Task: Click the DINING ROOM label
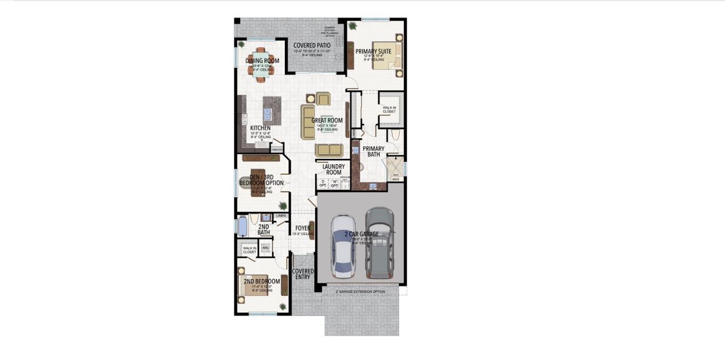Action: point(262,61)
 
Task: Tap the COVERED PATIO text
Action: point(312,45)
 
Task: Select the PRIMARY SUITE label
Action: point(373,52)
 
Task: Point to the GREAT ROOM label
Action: point(327,121)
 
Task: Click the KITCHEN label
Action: point(260,128)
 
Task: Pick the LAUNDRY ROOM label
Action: point(333,169)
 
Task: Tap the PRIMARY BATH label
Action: point(373,152)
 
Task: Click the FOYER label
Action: point(302,229)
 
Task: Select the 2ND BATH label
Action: point(263,229)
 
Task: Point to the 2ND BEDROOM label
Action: point(261,281)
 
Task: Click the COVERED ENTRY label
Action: point(302,274)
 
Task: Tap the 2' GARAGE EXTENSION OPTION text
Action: point(361,292)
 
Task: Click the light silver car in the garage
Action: point(343,245)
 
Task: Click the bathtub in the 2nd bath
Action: point(242,226)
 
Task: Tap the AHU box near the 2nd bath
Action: point(265,248)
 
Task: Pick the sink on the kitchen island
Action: point(267,113)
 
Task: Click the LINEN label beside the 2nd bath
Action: point(281,216)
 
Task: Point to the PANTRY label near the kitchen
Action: point(277,149)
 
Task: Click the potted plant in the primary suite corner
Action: point(352,26)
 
